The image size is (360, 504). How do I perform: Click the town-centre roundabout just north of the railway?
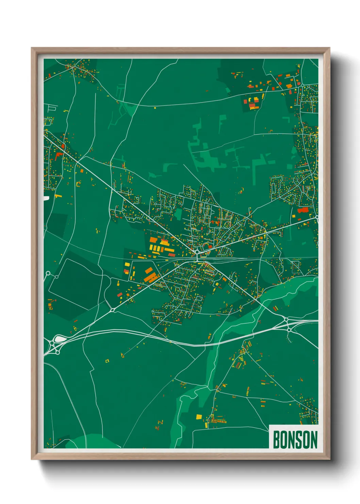[197, 251]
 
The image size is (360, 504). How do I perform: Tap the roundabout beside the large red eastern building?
[316, 217]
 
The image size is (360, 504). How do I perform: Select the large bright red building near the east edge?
[302, 210]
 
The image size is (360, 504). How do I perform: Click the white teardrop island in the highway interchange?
[59, 339]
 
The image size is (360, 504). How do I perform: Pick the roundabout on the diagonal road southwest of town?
[112, 310]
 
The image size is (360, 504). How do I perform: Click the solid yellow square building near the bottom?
[199, 416]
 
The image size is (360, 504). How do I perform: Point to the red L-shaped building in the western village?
[58, 156]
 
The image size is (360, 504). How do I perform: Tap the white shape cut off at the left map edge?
[46, 198]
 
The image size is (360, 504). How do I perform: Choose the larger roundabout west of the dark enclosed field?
[48, 273]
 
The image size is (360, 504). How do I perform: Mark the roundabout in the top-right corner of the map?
[302, 85]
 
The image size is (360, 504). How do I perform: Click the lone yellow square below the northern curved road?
[155, 108]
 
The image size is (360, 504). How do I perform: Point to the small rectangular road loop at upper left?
[52, 109]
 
